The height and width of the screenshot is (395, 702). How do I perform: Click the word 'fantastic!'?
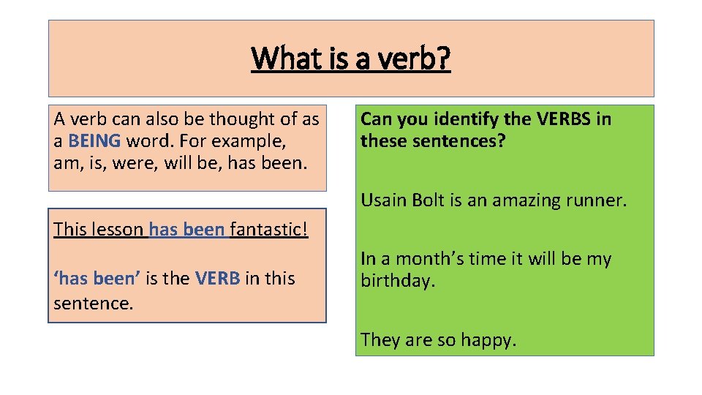tap(269, 229)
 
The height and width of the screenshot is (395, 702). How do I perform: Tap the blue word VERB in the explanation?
tap(217, 279)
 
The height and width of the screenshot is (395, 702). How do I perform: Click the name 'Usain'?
tap(382, 200)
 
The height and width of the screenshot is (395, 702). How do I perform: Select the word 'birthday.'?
tap(398, 281)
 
